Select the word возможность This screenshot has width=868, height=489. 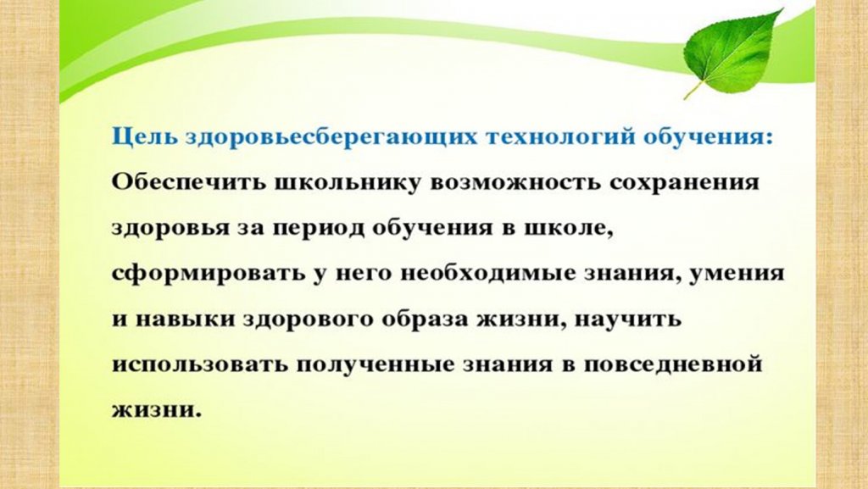pyautogui.click(x=515, y=182)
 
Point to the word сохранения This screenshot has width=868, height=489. pyautogui.click(x=683, y=182)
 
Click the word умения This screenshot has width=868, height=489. pyautogui.click(x=737, y=274)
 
